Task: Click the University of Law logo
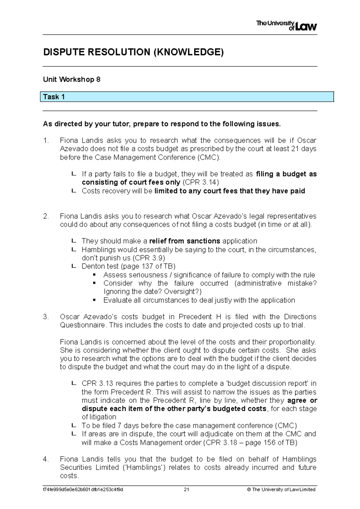click(286, 26)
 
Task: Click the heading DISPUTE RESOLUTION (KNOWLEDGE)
click(133, 52)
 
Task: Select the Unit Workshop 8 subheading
click(71, 80)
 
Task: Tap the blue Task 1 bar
click(187, 97)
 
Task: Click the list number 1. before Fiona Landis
click(46, 140)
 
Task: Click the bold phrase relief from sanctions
click(184, 241)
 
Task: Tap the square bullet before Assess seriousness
click(94, 275)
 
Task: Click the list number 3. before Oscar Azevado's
click(46, 317)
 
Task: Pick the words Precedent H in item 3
click(195, 317)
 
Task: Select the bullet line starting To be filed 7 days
click(189, 426)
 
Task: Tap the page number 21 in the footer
click(186, 489)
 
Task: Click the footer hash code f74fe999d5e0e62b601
click(83, 489)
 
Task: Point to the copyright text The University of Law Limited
click(283, 489)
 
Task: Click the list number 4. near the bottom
click(46, 459)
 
